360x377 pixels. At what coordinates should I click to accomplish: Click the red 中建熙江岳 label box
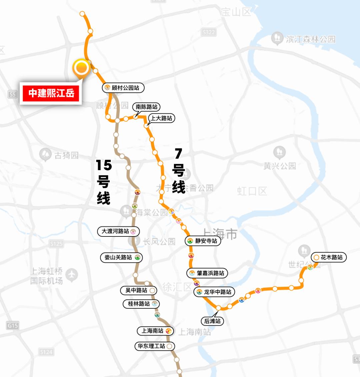pyautogui.click(x=51, y=93)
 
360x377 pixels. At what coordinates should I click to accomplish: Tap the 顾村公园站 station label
pyautogui.click(x=123, y=88)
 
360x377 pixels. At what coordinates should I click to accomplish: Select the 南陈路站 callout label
pyautogui.click(x=146, y=107)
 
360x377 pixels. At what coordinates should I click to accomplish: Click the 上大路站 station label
pyautogui.click(x=162, y=118)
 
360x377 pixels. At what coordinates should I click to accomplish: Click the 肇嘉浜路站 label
pyautogui.click(x=207, y=273)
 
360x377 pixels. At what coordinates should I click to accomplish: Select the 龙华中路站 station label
pyautogui.click(x=214, y=292)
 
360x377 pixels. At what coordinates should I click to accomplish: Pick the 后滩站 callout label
pyautogui.click(x=212, y=321)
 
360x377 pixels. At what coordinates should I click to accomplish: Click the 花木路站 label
pyautogui.click(x=329, y=257)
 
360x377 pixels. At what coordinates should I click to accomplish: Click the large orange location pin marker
pyautogui.click(x=81, y=68)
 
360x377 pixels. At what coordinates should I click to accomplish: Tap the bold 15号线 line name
pyautogui.click(x=104, y=182)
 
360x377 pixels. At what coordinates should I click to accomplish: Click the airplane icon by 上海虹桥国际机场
pyautogui.click(x=71, y=275)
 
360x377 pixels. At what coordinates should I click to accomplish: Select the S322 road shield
pyautogui.click(x=209, y=32)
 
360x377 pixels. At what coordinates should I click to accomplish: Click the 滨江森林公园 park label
pyautogui.click(x=310, y=39)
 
